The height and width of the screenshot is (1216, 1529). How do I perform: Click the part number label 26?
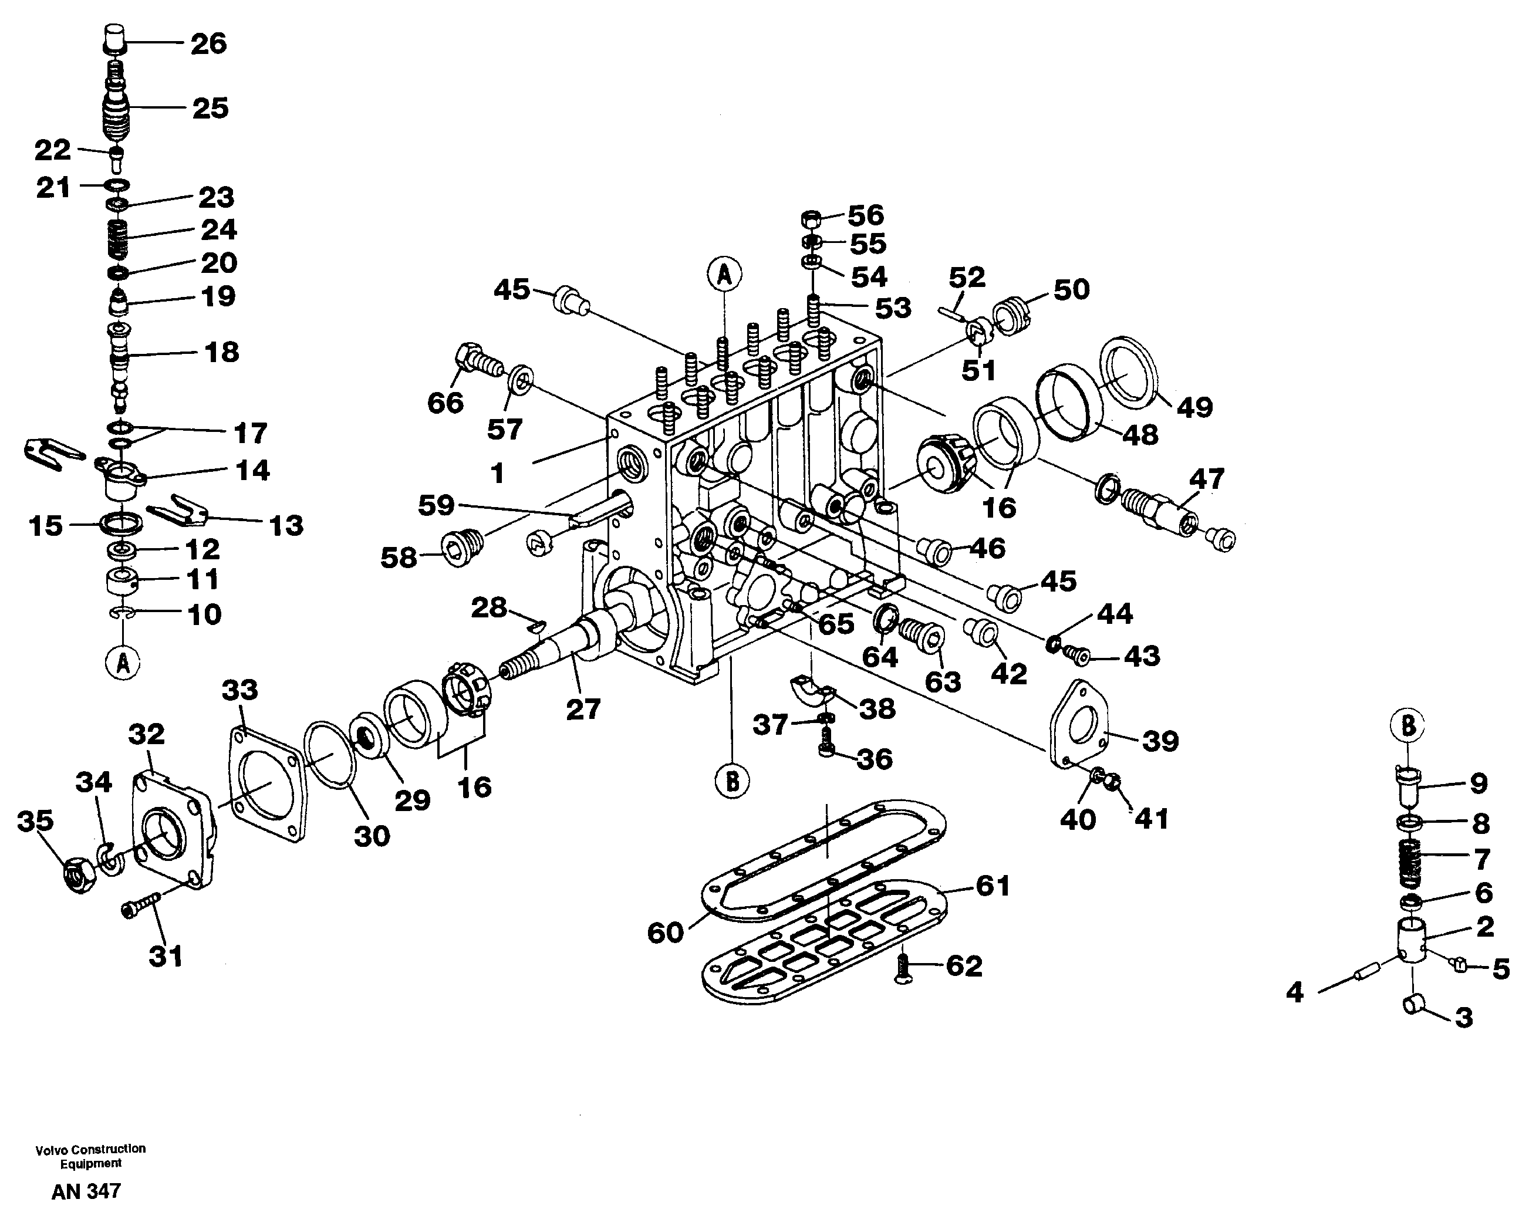[x=208, y=44]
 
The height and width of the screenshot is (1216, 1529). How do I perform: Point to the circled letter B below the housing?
[x=733, y=781]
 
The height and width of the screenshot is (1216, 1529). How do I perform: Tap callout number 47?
[x=1206, y=479]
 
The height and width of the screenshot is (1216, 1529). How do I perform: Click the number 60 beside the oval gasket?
[x=664, y=933]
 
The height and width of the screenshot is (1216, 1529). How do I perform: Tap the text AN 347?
[x=86, y=1191]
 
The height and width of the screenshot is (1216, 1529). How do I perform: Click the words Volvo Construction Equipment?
[x=91, y=1156]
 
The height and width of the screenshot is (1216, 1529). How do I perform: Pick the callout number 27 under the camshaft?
[x=583, y=709]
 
